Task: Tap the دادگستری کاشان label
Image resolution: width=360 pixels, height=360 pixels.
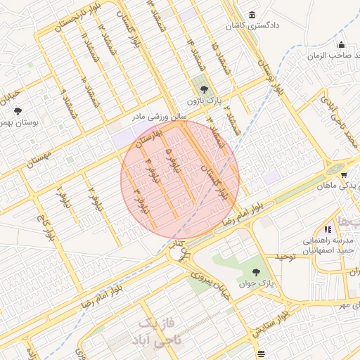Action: pos(252,26)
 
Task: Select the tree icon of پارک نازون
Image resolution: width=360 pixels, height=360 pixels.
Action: pos(204,89)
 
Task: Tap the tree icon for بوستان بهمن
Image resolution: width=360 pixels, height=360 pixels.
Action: pos(18,110)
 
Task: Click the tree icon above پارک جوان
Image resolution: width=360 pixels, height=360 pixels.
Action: pos(255,272)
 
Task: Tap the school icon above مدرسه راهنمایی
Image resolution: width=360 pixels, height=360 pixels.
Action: pos(328,229)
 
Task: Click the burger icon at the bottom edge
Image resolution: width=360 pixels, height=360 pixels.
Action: pos(262,353)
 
